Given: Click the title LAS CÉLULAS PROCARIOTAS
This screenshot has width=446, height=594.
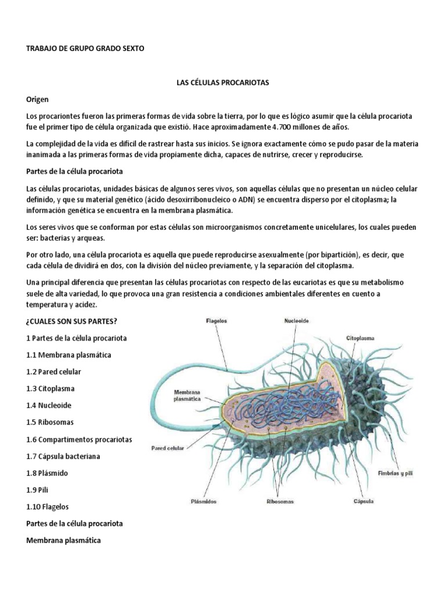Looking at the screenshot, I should click(222, 84).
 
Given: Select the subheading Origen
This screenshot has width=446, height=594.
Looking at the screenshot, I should click(38, 100).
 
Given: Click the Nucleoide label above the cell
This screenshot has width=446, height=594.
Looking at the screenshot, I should click(297, 320).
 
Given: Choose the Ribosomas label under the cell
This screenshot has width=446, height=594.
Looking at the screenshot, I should click(280, 501).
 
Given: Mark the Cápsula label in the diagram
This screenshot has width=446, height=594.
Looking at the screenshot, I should click(363, 500).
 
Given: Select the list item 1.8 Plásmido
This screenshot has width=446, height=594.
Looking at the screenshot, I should click(47, 473).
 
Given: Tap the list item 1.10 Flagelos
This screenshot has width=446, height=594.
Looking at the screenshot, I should click(47, 506).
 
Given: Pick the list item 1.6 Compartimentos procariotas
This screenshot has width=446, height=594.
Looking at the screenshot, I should click(80, 439).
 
